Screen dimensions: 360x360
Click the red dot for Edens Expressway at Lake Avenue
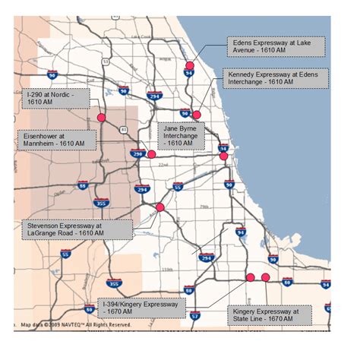189,66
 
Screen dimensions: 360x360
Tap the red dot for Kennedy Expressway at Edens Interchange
197,114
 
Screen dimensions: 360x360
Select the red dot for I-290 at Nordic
100,118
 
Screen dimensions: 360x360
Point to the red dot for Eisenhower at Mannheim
151,154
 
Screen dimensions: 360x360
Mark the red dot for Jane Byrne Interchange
223,156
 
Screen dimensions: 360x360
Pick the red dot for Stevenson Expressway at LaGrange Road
159,207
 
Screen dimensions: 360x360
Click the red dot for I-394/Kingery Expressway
250,277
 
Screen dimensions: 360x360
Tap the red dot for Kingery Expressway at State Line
265,277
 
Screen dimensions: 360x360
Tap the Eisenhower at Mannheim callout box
55,139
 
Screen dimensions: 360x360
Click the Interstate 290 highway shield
137,153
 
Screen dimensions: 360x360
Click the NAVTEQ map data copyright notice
73,326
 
